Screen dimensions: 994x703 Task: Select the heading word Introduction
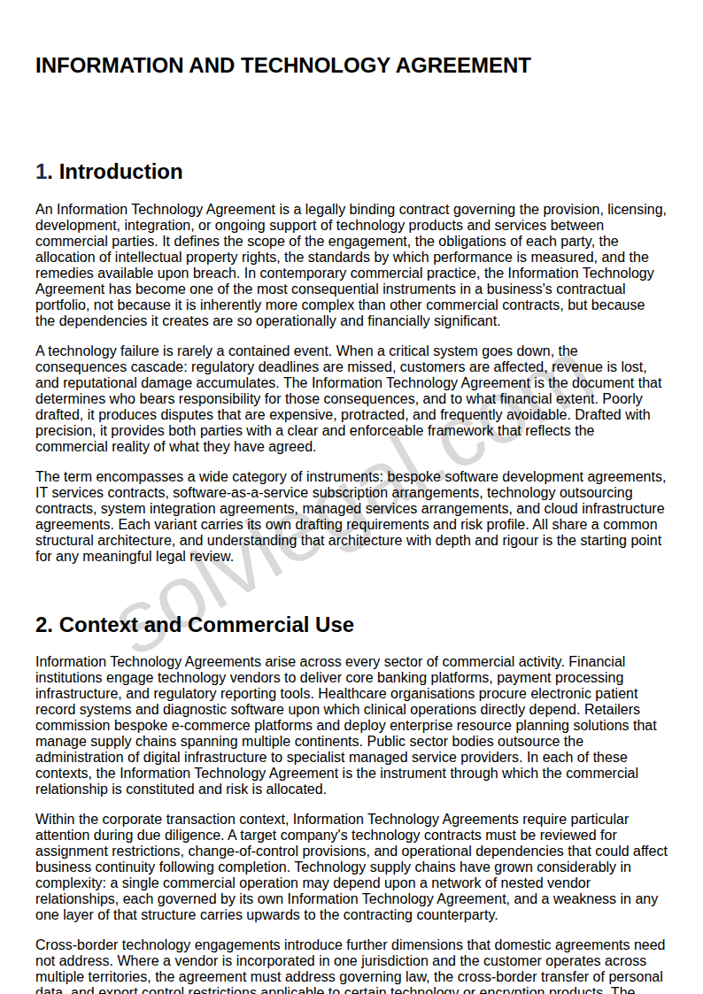120,172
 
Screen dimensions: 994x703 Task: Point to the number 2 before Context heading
41,625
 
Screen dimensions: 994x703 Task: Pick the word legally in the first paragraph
325,210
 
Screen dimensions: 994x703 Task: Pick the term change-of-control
251,851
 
